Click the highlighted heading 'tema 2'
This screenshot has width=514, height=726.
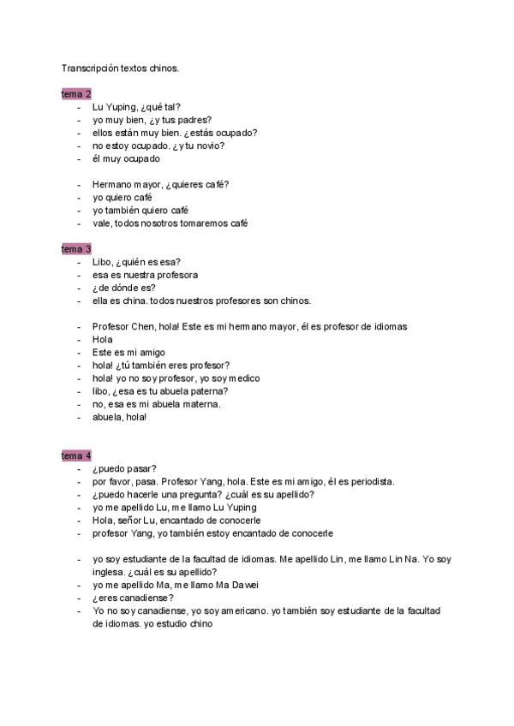[76, 93]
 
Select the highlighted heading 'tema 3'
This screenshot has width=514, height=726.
[76, 249]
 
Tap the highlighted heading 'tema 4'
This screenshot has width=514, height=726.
[76, 455]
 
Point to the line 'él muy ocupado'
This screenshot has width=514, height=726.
[126, 158]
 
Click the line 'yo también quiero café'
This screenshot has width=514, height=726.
[140, 210]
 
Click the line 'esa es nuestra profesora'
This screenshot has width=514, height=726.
[145, 275]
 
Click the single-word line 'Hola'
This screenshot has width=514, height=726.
[103, 339]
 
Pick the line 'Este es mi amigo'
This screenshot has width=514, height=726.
[128, 352]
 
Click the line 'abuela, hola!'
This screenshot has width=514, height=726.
[120, 417]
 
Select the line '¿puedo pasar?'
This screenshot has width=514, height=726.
[124, 468]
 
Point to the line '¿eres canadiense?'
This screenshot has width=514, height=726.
[133, 598]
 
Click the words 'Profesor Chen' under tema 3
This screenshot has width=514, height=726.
[123, 326]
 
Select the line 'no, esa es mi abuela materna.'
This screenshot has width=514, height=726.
[157, 404]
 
